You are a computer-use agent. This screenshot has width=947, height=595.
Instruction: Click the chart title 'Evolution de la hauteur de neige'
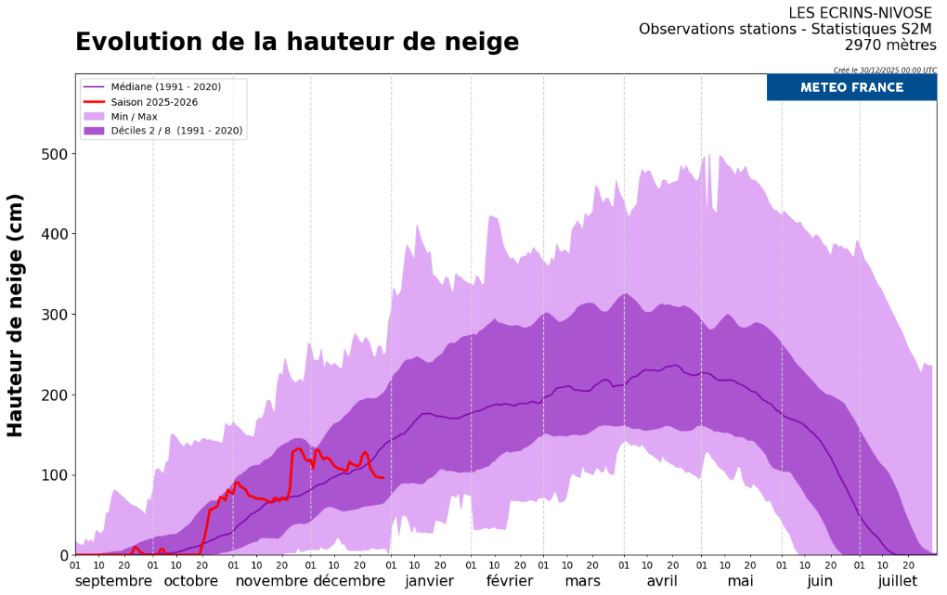pyautogui.click(x=297, y=43)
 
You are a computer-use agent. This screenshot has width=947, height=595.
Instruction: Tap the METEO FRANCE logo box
pyautogui.click(x=851, y=87)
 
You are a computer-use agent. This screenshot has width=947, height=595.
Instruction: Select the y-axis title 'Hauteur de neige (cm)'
pyautogui.click(x=15, y=316)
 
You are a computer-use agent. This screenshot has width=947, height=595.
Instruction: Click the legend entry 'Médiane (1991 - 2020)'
pyautogui.click(x=165, y=87)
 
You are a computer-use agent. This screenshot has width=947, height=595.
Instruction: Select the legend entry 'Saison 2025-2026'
pyautogui.click(x=153, y=102)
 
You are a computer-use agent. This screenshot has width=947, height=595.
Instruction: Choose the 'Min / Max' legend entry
pyautogui.click(x=134, y=117)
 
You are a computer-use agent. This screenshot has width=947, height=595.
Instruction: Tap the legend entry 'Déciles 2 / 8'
pyautogui.click(x=176, y=132)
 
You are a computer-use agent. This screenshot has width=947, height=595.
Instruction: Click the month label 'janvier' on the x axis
pyautogui.click(x=429, y=581)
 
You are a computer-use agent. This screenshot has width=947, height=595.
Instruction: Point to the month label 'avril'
pyautogui.click(x=662, y=581)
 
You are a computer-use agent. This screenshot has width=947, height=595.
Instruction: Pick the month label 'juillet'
pyautogui.click(x=897, y=581)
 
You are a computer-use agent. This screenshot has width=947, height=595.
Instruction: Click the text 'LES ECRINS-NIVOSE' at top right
pyautogui.click(x=863, y=13)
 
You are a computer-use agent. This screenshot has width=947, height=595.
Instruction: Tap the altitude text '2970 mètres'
pyautogui.click(x=890, y=45)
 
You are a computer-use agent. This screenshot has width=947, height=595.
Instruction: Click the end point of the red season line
pyautogui.click(x=383, y=478)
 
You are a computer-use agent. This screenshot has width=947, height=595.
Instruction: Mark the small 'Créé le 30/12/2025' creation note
pyautogui.click(x=885, y=70)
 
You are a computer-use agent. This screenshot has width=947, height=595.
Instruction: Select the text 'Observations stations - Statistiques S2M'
pyautogui.click(x=787, y=30)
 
